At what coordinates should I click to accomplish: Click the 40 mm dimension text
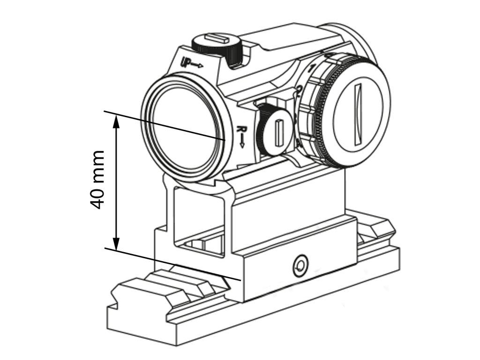(97, 180)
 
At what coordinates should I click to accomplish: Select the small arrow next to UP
(197, 65)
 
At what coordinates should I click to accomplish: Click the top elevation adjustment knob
(219, 45)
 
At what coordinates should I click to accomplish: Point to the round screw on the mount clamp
(299, 266)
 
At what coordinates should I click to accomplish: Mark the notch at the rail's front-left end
(114, 300)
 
